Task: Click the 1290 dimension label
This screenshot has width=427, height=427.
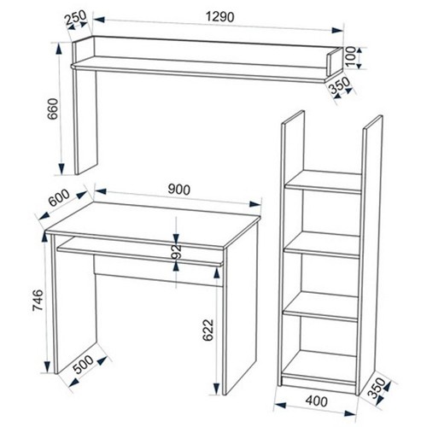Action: [220, 17]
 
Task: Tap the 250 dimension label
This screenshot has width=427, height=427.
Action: [75, 17]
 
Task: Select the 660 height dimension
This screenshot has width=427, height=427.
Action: [53, 109]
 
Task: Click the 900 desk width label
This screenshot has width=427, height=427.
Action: [178, 190]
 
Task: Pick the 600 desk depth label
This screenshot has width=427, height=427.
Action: [59, 197]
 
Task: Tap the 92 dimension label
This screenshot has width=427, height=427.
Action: [177, 251]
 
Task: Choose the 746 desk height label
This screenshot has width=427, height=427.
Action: [38, 301]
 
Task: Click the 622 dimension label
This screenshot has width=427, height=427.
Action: [208, 330]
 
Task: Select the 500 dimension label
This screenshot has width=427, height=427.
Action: [84, 365]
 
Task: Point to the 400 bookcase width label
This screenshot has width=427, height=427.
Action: [316, 401]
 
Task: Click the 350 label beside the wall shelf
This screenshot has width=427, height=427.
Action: [340, 85]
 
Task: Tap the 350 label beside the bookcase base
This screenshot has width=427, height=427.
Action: [376, 388]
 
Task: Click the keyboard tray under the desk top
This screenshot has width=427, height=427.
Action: [139, 252]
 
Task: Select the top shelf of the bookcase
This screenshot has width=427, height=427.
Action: [324, 182]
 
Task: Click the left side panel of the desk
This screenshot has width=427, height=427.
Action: [75, 303]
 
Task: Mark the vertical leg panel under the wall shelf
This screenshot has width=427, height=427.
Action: [85, 121]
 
